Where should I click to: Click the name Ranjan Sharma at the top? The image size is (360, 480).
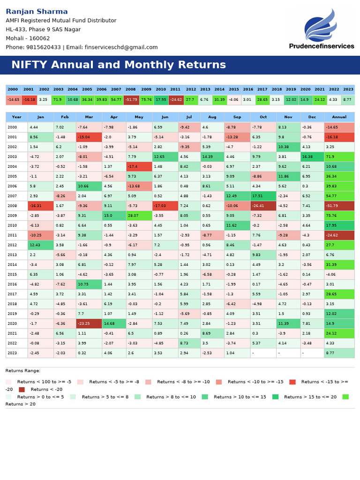point(37,12)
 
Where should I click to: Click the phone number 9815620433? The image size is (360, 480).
point(43,47)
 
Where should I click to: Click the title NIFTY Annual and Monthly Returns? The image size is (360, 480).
point(119,65)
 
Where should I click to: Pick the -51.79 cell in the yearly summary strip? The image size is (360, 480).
point(131,100)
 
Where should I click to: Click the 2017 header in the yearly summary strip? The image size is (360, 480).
point(262,90)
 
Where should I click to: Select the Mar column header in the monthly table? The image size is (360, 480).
point(89,117)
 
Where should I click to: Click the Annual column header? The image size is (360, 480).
point(339,117)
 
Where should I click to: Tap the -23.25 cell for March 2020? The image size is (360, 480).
point(89,323)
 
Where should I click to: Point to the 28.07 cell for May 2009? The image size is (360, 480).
point(139,216)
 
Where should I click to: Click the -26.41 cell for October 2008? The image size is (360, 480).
point(262,206)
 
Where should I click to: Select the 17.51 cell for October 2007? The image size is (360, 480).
point(262,196)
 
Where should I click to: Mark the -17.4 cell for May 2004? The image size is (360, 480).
point(139,166)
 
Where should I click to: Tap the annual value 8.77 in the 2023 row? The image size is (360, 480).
point(339,353)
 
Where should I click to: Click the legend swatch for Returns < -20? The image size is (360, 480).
point(22,390)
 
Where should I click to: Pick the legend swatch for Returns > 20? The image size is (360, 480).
point(345,397)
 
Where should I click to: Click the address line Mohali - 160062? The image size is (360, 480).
point(28,38)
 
